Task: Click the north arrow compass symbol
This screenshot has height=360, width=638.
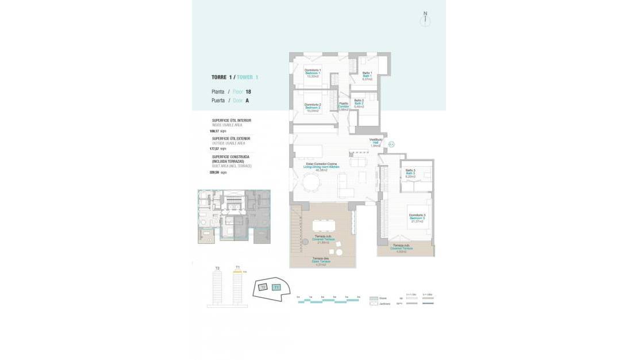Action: pos(425,18)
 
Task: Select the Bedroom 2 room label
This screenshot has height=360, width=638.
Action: pos(312,108)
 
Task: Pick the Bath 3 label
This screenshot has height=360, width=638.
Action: pos(410,173)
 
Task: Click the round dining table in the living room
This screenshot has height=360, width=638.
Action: pos(312,182)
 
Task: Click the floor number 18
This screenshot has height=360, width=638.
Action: pos(248,92)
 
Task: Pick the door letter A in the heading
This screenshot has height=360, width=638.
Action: pos(247,100)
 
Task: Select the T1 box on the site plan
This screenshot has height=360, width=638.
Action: pos(276,287)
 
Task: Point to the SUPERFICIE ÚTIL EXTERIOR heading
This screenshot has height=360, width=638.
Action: pos(231,139)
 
